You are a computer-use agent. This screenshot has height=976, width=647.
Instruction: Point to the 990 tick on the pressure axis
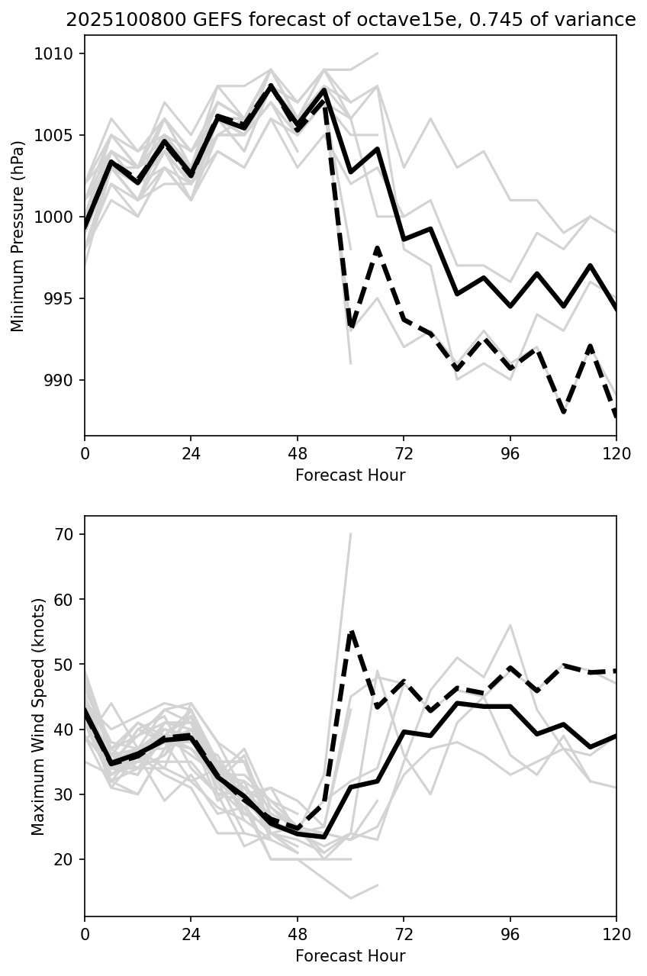point(62,380)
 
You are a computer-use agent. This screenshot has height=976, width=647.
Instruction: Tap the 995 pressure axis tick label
point(62,298)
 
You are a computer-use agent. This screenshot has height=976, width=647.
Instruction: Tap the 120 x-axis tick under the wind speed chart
point(616,934)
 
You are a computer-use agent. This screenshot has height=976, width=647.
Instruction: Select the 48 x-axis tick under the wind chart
point(298,934)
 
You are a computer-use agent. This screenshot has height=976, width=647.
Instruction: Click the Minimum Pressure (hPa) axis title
point(18,236)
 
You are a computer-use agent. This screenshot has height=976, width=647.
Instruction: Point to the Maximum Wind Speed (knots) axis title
point(39,717)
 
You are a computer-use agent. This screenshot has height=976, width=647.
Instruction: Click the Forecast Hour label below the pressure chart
point(350,475)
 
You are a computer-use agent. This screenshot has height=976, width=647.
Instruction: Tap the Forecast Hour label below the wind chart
point(350,956)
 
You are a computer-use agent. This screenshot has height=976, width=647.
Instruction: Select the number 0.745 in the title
point(501,20)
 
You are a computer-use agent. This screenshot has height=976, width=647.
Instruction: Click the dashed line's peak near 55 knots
point(351,632)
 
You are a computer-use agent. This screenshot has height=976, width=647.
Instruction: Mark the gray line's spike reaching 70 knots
point(351,534)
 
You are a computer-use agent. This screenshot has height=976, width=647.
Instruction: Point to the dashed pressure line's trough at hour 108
point(563,412)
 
